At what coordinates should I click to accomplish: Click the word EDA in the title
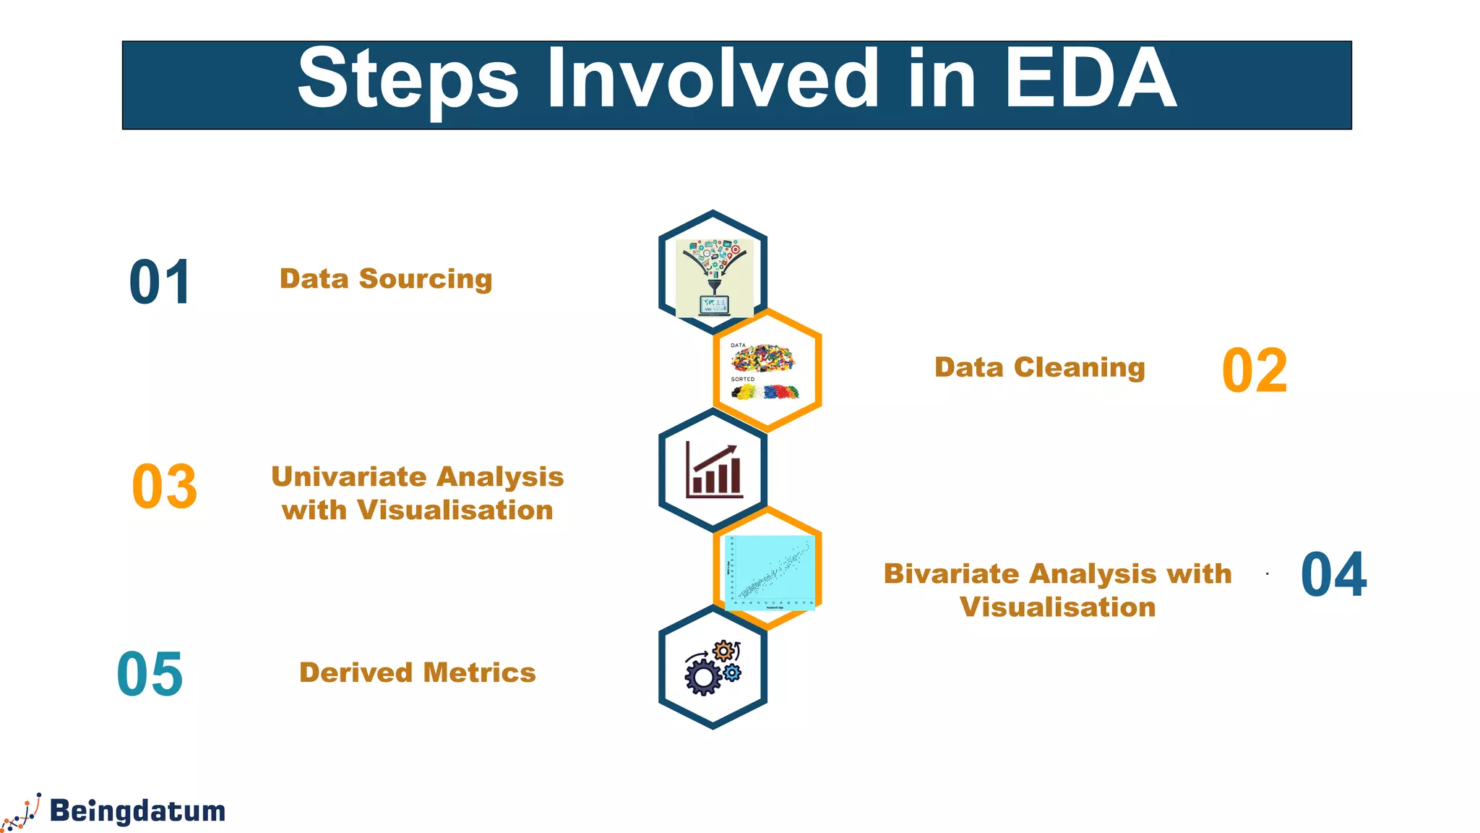[x=1090, y=78]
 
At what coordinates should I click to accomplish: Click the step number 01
[x=160, y=283]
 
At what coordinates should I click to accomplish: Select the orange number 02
[x=1255, y=371]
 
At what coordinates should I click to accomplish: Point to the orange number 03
[x=165, y=487]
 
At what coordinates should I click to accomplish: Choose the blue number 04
[x=1333, y=575]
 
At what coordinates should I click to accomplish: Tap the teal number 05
[x=150, y=674]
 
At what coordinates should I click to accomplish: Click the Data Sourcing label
[x=386, y=279]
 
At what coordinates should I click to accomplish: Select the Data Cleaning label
[x=1039, y=367]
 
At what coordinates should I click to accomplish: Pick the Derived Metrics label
[x=418, y=672]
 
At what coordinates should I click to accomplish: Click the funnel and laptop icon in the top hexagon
[x=714, y=278]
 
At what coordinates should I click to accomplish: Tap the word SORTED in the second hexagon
[x=742, y=379]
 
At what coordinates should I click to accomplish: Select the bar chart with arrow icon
[x=714, y=470]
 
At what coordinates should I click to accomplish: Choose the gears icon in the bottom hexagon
[x=713, y=667]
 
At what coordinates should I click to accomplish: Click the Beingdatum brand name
[x=137, y=811]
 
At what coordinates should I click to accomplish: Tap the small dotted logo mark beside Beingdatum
[x=22, y=812]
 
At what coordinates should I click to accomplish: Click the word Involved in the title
[x=712, y=78]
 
